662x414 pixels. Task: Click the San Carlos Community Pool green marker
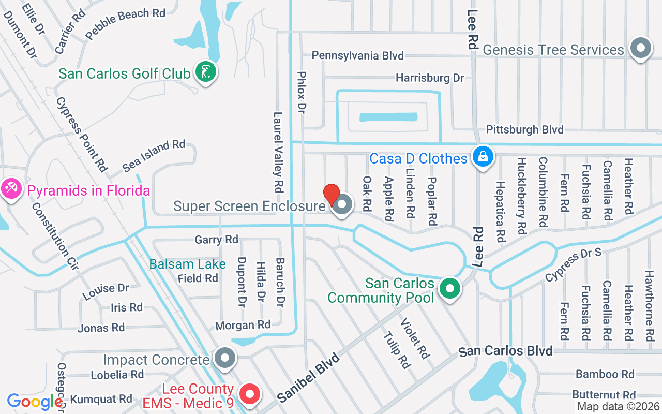[x=450, y=289]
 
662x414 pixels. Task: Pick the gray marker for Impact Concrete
[x=224, y=358]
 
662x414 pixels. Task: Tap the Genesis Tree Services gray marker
[x=641, y=49]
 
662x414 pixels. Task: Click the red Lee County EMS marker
[x=250, y=394]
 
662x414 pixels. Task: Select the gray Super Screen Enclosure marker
[x=341, y=205]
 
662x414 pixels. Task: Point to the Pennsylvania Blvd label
[x=358, y=55]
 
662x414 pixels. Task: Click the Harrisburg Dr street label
[x=430, y=78]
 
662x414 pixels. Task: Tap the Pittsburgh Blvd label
[x=525, y=129]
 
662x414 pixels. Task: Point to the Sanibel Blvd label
[x=308, y=377]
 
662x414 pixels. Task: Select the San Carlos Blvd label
[x=506, y=351]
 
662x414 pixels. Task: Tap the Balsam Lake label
[x=187, y=264]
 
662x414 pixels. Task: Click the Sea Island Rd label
[x=154, y=155]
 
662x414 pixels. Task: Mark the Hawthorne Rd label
[x=650, y=305]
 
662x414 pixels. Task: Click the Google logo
[x=35, y=402]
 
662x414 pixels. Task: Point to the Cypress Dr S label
[x=574, y=264]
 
